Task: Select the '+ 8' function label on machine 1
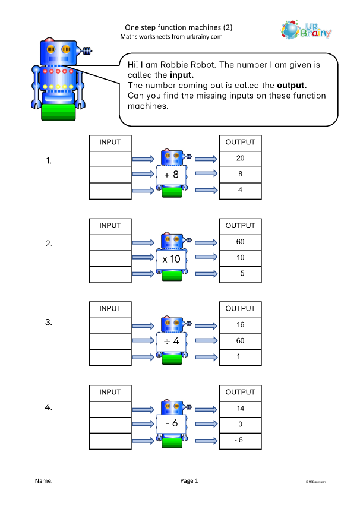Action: coord(172,175)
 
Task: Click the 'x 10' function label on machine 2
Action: coord(172,258)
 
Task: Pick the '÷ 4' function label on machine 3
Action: coord(172,342)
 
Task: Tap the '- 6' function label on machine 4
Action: coord(172,425)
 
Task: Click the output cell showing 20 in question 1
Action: coord(240,159)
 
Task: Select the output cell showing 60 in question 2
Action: coord(240,242)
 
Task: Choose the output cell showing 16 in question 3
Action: coord(240,325)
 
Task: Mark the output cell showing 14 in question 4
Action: coord(240,409)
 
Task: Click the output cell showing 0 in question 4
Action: coord(240,425)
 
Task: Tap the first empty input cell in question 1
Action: coord(109,159)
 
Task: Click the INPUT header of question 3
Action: coord(109,309)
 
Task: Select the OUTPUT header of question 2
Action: coord(240,226)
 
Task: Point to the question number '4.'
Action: coord(50,407)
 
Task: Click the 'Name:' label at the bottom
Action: coord(44,481)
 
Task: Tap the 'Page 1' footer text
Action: coord(188,481)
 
